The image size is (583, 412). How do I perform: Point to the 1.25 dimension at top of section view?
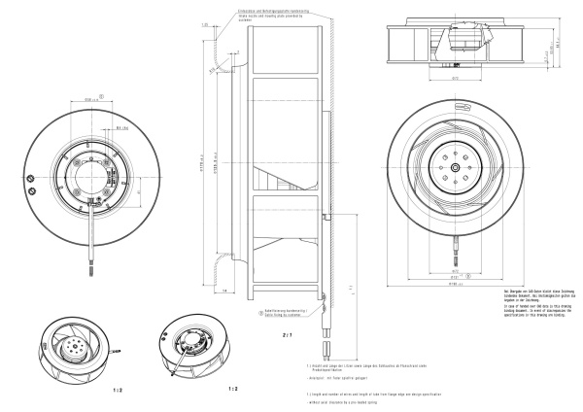(206, 24)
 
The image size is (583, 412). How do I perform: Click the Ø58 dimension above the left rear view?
(93, 99)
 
